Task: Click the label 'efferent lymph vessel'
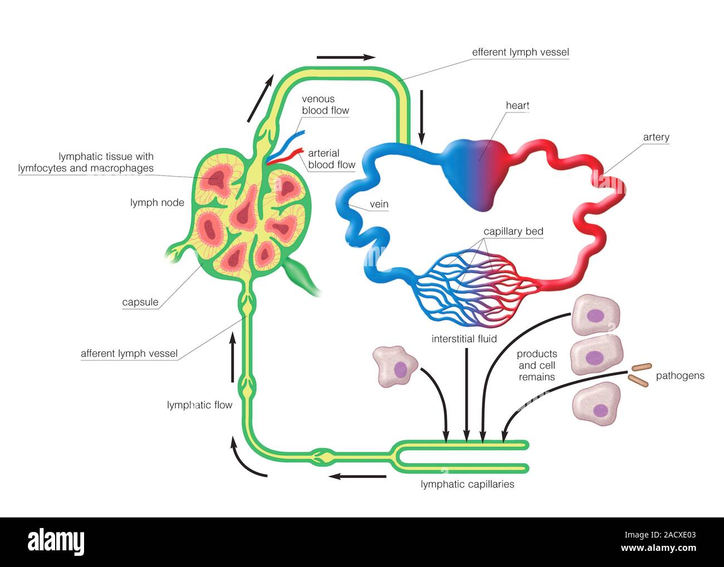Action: pyautogui.click(x=520, y=52)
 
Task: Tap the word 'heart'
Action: pyautogui.click(x=517, y=105)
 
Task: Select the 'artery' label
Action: pyautogui.click(x=655, y=137)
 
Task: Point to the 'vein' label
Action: pyautogui.click(x=379, y=204)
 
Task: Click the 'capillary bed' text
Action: pyautogui.click(x=513, y=231)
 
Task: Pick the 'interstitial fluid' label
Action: pyautogui.click(x=464, y=338)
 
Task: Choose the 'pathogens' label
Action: pyautogui.click(x=679, y=375)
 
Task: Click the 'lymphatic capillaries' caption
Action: pyautogui.click(x=467, y=484)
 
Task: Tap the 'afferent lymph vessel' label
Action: pyautogui.click(x=129, y=353)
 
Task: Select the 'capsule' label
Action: pyautogui.click(x=140, y=302)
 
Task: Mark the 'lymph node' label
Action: pyautogui.click(x=157, y=203)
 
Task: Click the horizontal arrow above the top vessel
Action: pyautogui.click(x=346, y=57)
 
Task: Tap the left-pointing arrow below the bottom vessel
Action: pyautogui.click(x=357, y=476)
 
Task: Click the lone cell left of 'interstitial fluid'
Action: pyautogui.click(x=396, y=367)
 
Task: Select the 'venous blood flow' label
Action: pyautogui.click(x=325, y=105)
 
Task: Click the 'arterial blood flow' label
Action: pyautogui.click(x=331, y=159)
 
